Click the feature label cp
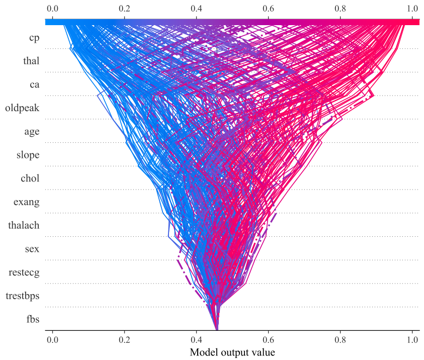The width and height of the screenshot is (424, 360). [x=34, y=38]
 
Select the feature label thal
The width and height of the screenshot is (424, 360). [x=31, y=61]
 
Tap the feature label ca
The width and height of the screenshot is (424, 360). [x=34, y=84]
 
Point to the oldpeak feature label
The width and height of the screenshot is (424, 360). [x=22, y=108]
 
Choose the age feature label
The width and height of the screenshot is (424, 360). [x=32, y=132]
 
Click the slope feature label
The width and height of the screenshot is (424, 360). [x=28, y=155]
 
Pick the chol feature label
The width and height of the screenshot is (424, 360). [x=30, y=178]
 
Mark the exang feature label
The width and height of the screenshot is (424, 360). [x=26, y=202]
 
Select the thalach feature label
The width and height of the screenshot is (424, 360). [x=24, y=225]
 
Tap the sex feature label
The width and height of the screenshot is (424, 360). [x=32, y=249]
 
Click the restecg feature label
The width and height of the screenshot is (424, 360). [x=24, y=273]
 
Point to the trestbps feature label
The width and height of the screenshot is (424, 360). [x=22, y=296]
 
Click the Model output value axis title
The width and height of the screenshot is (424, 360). [x=232, y=352]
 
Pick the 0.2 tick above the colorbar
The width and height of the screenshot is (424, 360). [x=124, y=9]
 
